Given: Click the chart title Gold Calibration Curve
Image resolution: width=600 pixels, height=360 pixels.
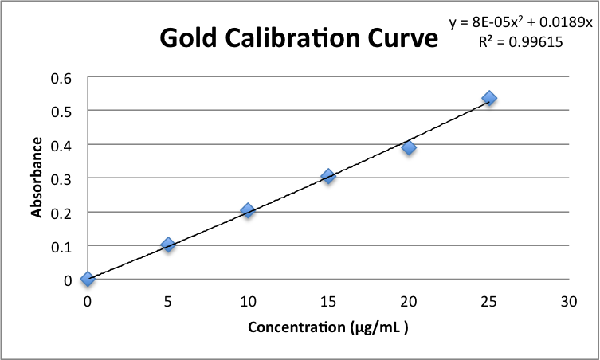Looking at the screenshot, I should pyautogui.click(x=299, y=37).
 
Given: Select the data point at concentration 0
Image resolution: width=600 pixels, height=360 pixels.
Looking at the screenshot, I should pyautogui.click(x=88, y=279).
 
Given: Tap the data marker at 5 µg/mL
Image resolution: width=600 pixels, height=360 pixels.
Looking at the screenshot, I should pyautogui.click(x=167, y=245).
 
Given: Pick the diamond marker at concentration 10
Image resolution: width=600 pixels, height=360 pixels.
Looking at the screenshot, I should pyautogui.click(x=248, y=210).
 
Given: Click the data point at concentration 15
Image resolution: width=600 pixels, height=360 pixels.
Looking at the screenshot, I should pyautogui.click(x=328, y=176).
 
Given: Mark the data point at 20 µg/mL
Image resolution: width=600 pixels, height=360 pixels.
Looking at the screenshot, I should pyautogui.click(x=409, y=147).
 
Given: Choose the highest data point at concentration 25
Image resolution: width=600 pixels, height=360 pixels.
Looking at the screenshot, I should pyautogui.click(x=489, y=98).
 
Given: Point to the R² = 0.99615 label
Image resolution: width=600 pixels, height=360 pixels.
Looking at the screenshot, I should pyautogui.click(x=521, y=44).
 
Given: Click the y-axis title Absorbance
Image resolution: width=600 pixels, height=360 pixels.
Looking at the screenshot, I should pyautogui.click(x=37, y=177).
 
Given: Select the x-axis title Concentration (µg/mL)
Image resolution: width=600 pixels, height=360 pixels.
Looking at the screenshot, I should pyautogui.click(x=328, y=327).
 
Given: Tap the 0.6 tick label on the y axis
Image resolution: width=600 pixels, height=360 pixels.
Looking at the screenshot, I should pyautogui.click(x=61, y=78).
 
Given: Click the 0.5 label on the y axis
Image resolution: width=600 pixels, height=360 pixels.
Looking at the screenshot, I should pyautogui.click(x=61, y=112).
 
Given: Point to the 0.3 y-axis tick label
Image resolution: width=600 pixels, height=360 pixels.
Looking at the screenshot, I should pyautogui.click(x=61, y=178).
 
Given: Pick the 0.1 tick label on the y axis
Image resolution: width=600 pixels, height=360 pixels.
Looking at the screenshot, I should pyautogui.click(x=61, y=246).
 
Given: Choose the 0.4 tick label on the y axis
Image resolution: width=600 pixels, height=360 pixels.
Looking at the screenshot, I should pyautogui.click(x=61, y=145).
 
